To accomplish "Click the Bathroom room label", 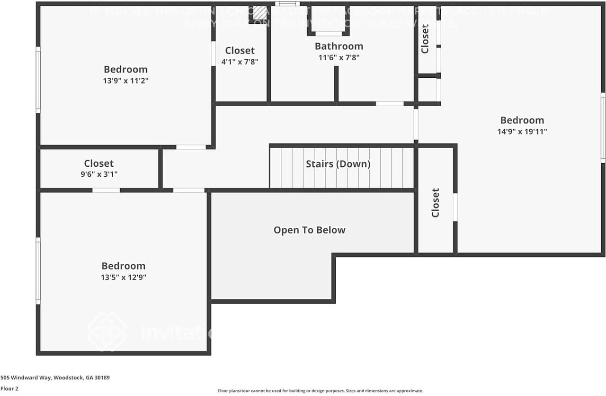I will [339, 46].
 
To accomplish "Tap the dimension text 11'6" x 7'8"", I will [339, 58].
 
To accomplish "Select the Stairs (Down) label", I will [338, 164].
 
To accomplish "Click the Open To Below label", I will [310, 230].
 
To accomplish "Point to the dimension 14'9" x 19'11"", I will [522, 132].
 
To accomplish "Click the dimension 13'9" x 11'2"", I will [126, 81].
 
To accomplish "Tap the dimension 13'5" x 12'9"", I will [124, 278].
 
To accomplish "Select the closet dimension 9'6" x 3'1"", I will [99, 174].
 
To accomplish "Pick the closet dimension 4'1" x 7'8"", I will [240, 62].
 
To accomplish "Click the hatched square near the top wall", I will [259, 13].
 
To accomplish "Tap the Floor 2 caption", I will [9, 389].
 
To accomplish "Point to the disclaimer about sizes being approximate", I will [321, 391].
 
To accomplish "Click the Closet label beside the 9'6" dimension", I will [99, 163].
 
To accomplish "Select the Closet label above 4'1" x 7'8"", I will [240, 51].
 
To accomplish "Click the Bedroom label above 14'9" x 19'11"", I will [522, 120].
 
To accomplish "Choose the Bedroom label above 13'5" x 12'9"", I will [124, 266].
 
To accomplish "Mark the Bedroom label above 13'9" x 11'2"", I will [126, 70].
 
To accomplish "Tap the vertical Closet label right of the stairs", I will [436, 203].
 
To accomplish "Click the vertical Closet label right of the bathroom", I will [425, 39].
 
